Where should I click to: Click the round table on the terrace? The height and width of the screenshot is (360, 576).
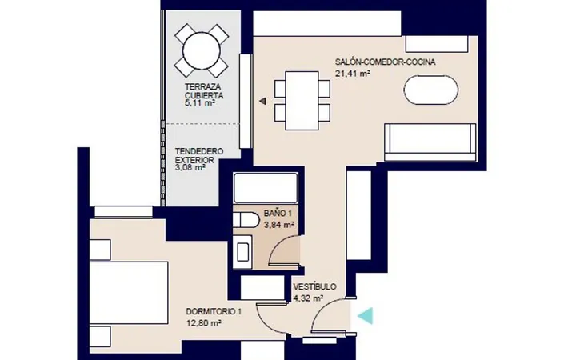click(202, 50)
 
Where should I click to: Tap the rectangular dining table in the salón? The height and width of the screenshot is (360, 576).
click(302, 100)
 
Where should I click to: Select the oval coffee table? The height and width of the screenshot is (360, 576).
click(431, 90)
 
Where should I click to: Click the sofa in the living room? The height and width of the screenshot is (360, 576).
click(430, 142)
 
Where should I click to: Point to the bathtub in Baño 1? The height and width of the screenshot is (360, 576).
click(266, 188)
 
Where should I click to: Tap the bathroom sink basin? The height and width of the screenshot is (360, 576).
click(242, 252)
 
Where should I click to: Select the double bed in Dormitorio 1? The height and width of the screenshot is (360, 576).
click(129, 293)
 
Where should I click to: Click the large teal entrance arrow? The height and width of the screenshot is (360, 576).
click(366, 315)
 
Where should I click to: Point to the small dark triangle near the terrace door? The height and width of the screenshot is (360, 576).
click(262, 101)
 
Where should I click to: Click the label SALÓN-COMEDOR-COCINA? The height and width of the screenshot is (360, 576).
click(385, 62)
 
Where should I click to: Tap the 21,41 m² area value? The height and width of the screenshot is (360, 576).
click(352, 74)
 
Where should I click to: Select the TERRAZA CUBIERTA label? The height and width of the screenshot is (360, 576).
click(204, 91)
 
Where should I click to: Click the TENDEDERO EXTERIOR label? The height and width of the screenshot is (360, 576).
click(199, 155)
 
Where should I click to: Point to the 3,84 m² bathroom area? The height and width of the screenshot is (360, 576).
click(279, 225)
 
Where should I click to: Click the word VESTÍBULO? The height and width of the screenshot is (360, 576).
click(314, 286)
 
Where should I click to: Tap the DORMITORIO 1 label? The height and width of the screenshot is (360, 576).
click(214, 312)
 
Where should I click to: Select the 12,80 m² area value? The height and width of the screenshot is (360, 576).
click(203, 323)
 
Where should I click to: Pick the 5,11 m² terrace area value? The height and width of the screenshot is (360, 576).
click(199, 103)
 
